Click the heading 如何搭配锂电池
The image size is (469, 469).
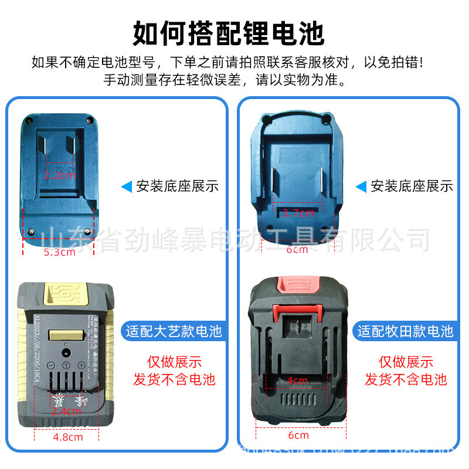pos(228,33)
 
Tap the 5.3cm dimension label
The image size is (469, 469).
pos(60,253)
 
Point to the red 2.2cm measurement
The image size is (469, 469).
pos(60,175)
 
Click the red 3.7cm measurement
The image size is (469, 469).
pos(297,213)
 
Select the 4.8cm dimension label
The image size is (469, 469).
pos(67,436)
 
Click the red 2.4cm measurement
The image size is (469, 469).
pos(66,411)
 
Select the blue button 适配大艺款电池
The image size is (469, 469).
pos(174,331)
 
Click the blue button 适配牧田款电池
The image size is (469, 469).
pos(406,331)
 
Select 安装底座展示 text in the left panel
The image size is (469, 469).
pos(178,186)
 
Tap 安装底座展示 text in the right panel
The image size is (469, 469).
pos(412,186)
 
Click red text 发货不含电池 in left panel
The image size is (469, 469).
pos(174,379)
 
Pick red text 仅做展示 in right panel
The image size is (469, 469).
pos(406,362)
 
